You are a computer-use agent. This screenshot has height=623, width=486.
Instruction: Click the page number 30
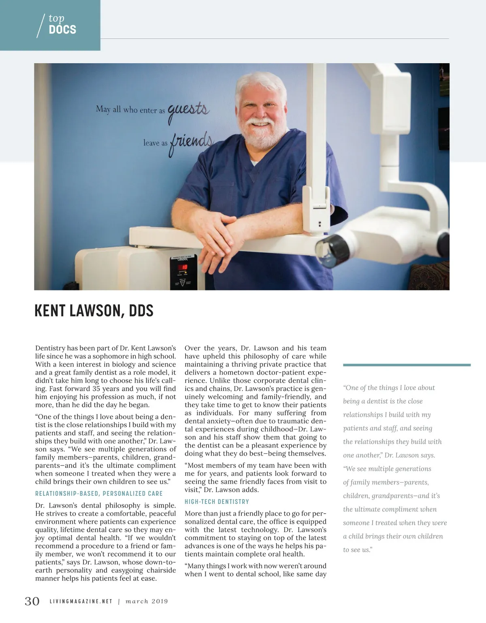pyautogui.click(x=32, y=601)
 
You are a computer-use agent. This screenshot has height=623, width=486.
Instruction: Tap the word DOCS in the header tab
pyautogui.click(x=62, y=30)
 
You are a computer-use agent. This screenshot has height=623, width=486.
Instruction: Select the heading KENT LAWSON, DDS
pyautogui.click(x=94, y=311)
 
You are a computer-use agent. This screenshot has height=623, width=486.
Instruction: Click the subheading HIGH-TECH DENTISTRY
pyautogui.click(x=217, y=501)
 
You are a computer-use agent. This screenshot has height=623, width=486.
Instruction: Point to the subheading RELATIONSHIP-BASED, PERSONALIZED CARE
pyautogui.click(x=99, y=493)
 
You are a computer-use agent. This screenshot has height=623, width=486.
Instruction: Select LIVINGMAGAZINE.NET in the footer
pyautogui.click(x=81, y=602)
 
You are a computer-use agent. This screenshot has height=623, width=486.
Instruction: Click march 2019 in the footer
pyautogui.click(x=147, y=602)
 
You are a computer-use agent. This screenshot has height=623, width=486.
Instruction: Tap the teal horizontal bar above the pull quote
pyautogui.click(x=407, y=365)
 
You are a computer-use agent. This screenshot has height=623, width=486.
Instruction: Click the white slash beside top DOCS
pyautogui.click(x=40, y=26)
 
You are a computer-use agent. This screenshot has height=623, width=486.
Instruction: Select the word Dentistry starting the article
pyautogui.click(x=50, y=348)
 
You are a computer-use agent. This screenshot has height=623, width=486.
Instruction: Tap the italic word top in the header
pyautogui.click(x=56, y=18)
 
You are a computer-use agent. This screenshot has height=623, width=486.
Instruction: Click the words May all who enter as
pyautogui.click(x=130, y=109)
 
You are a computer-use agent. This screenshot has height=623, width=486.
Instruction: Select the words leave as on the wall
pyautogui.click(x=155, y=143)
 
